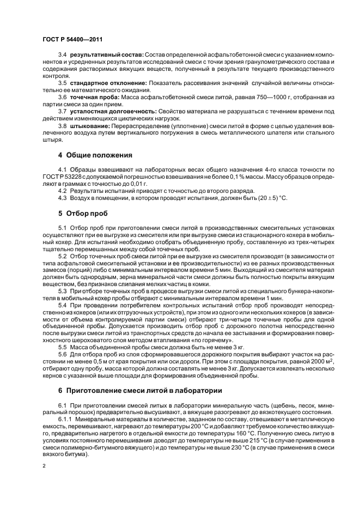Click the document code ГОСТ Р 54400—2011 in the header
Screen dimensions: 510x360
71,40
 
